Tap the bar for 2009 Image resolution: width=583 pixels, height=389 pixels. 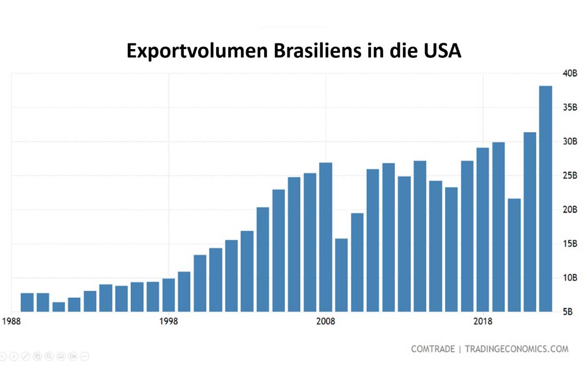[x=342, y=275]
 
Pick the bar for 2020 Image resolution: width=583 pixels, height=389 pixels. [x=514, y=255]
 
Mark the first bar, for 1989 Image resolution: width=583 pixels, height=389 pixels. [x=27, y=302]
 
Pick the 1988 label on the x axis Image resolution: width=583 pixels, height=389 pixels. [x=11, y=322]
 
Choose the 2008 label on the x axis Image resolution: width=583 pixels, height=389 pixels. [x=326, y=322]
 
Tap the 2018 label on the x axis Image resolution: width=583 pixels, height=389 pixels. [x=482, y=322]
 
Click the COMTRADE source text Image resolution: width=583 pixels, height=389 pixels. [x=433, y=349]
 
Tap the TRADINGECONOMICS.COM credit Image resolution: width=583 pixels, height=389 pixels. [x=516, y=349]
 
